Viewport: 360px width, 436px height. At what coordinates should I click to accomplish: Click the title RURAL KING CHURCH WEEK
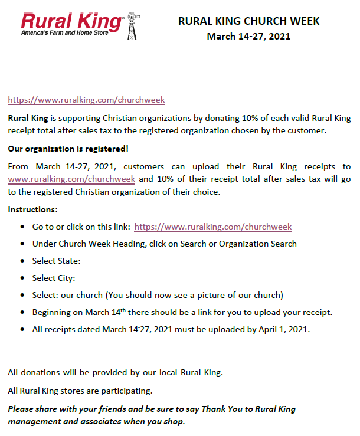pos(248,21)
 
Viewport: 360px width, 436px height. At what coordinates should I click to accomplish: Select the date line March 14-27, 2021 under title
pos(248,37)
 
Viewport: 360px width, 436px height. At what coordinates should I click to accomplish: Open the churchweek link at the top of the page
pos(86,100)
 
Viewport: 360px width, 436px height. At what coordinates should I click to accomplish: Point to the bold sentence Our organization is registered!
pos(68,147)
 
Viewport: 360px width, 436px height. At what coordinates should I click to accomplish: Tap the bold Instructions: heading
pos(33,209)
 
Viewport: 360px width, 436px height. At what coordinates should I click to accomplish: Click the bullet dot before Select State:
pos(22,261)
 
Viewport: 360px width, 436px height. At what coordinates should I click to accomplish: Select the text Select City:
pos(54,278)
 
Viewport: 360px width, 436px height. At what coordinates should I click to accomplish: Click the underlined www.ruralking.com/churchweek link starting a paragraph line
pos(71,178)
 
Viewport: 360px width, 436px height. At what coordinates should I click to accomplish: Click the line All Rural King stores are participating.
pos(80,390)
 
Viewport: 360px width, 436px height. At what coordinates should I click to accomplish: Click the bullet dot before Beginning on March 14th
pos(22,312)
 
